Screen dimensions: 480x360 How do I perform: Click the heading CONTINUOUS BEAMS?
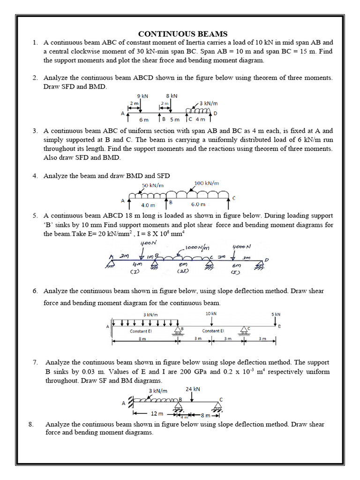[x=182, y=34]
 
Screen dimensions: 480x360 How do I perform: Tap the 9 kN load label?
[x=142, y=96]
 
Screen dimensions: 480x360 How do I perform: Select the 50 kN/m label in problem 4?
[x=152, y=186]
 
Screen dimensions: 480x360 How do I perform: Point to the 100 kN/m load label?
[x=206, y=183]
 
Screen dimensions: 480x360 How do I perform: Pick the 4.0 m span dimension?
[x=148, y=205]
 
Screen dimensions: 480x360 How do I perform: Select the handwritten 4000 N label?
[x=242, y=246]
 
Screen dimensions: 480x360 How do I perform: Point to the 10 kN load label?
[x=211, y=314]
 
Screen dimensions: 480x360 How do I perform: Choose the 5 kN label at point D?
[x=276, y=314]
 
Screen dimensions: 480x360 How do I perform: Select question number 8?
[x=31, y=424]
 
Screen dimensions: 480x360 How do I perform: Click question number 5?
[x=35, y=216]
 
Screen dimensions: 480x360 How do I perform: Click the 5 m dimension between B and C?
[x=174, y=120]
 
